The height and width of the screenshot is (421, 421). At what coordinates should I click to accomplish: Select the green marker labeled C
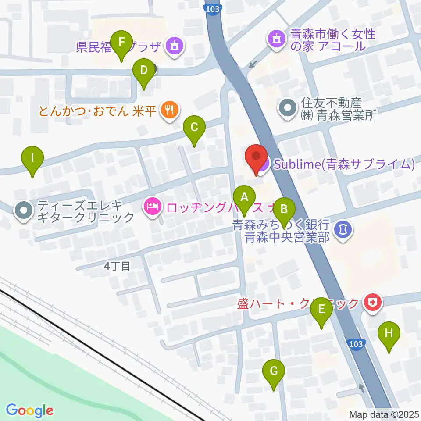click(194, 128)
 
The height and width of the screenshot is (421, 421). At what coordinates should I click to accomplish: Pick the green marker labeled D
click(143, 70)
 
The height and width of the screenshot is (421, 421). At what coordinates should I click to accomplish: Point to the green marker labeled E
click(321, 310)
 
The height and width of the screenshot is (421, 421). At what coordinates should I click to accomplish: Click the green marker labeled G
click(273, 371)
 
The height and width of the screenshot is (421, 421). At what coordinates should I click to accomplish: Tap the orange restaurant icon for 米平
click(169, 110)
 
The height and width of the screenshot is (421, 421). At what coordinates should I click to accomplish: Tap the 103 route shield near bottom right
click(356, 344)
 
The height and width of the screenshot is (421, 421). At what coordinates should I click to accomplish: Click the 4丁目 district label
click(118, 266)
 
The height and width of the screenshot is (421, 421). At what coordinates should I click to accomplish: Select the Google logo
click(29, 410)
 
